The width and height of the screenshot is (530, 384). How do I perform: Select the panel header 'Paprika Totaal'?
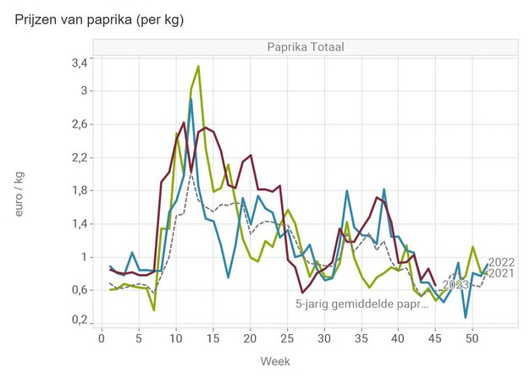[x=303, y=47]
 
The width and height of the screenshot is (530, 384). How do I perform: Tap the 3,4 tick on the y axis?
[x=79, y=63]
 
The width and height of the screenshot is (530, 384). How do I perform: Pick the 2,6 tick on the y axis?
[x=79, y=124]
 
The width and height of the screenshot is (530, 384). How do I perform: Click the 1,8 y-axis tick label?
[x=79, y=190]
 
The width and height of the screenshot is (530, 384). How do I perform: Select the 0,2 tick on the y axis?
[x=79, y=321]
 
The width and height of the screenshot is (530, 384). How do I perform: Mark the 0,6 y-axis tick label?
[x=79, y=290]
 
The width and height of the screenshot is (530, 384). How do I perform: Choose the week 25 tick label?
[x=287, y=338]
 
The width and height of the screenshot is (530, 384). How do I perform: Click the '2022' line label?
[x=502, y=261]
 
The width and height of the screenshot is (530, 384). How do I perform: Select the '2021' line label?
[x=502, y=272]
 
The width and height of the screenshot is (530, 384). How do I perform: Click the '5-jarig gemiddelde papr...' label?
[x=362, y=303]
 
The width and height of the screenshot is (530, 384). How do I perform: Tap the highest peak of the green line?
[x=198, y=66]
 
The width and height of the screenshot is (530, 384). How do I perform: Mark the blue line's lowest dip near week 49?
[x=465, y=317]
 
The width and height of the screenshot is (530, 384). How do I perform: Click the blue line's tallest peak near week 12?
[x=190, y=99]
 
